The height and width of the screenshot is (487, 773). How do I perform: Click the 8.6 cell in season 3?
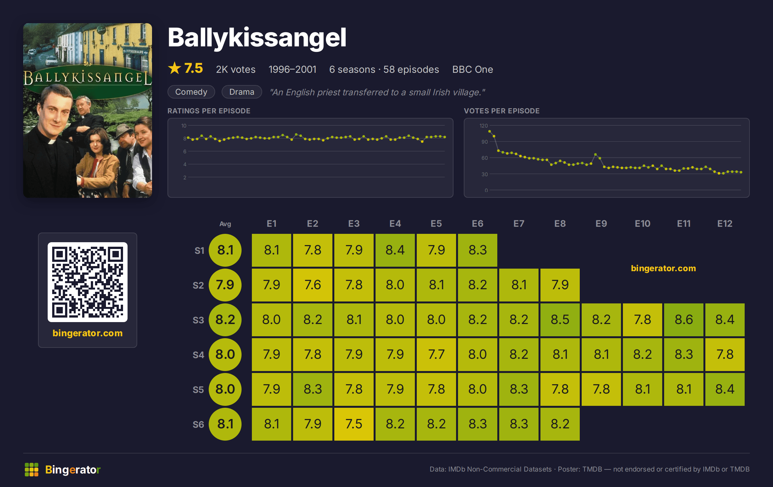(683, 320)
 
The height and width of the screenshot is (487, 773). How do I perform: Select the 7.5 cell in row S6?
(354, 424)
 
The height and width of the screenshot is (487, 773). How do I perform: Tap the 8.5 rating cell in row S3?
(560, 320)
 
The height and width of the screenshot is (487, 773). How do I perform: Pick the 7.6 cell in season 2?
(312, 285)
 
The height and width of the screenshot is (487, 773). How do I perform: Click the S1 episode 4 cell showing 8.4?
(395, 250)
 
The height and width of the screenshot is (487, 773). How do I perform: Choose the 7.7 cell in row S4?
(436, 354)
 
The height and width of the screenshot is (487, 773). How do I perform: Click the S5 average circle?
(225, 389)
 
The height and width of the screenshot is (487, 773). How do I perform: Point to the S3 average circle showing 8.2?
(225, 320)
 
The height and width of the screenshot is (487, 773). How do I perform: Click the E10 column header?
(643, 224)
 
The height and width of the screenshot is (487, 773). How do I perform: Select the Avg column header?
(225, 224)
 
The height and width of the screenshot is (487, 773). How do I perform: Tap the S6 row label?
(198, 425)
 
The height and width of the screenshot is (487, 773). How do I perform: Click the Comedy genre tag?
(191, 92)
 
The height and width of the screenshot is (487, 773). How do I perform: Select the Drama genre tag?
(242, 92)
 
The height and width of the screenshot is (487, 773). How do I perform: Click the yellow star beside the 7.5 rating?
(175, 68)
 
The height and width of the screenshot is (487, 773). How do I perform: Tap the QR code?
(88, 282)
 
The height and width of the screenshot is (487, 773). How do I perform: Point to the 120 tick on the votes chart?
(484, 126)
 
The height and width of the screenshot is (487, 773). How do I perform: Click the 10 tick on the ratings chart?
(184, 126)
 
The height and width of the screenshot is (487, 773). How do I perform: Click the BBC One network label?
(472, 69)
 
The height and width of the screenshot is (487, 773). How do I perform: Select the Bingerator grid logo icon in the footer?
(32, 470)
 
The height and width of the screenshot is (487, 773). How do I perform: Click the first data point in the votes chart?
(490, 131)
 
